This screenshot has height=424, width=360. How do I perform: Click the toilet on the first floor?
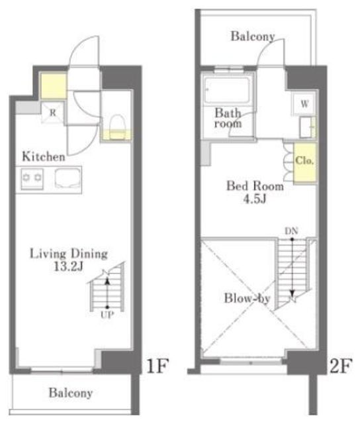(117, 127)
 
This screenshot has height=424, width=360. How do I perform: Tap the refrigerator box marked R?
(53, 112)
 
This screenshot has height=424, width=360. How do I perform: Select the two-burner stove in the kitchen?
(32, 178)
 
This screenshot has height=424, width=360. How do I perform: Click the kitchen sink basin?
(67, 178)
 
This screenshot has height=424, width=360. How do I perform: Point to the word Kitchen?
(44, 156)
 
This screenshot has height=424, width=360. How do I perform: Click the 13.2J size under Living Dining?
(68, 267)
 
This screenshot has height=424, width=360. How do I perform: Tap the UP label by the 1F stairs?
(107, 315)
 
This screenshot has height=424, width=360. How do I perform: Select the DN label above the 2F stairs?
(291, 231)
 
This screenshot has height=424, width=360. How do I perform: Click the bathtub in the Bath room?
(226, 90)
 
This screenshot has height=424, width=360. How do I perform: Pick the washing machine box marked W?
(304, 104)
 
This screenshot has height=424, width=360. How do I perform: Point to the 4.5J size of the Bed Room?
(255, 199)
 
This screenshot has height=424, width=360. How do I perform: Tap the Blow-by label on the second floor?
(247, 299)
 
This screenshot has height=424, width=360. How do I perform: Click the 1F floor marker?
(157, 366)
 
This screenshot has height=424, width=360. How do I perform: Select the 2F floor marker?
(341, 366)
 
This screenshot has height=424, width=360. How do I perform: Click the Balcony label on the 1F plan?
(71, 393)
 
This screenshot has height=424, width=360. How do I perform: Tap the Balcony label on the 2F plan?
(253, 36)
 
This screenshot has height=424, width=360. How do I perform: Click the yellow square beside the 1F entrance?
(54, 86)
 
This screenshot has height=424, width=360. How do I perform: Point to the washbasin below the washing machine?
(307, 127)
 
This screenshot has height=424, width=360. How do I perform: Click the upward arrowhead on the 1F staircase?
(107, 282)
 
